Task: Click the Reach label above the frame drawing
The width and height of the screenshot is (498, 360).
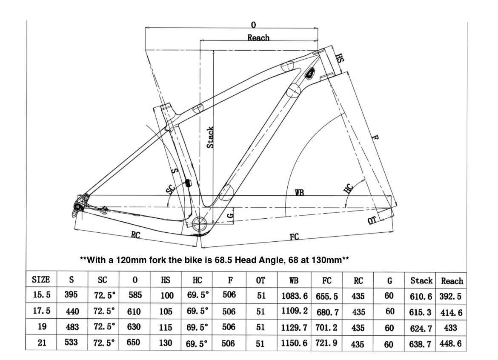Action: (258, 38)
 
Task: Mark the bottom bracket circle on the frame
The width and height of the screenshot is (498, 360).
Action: (199, 222)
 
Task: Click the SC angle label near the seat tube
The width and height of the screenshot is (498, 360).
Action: (171, 189)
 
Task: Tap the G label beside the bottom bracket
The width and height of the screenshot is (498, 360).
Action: (230, 216)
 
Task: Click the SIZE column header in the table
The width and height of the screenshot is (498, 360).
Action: (42, 280)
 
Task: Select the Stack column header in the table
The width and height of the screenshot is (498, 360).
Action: (421, 281)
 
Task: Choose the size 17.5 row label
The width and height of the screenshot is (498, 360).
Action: (41, 311)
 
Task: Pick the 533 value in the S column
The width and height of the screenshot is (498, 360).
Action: (72, 341)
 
